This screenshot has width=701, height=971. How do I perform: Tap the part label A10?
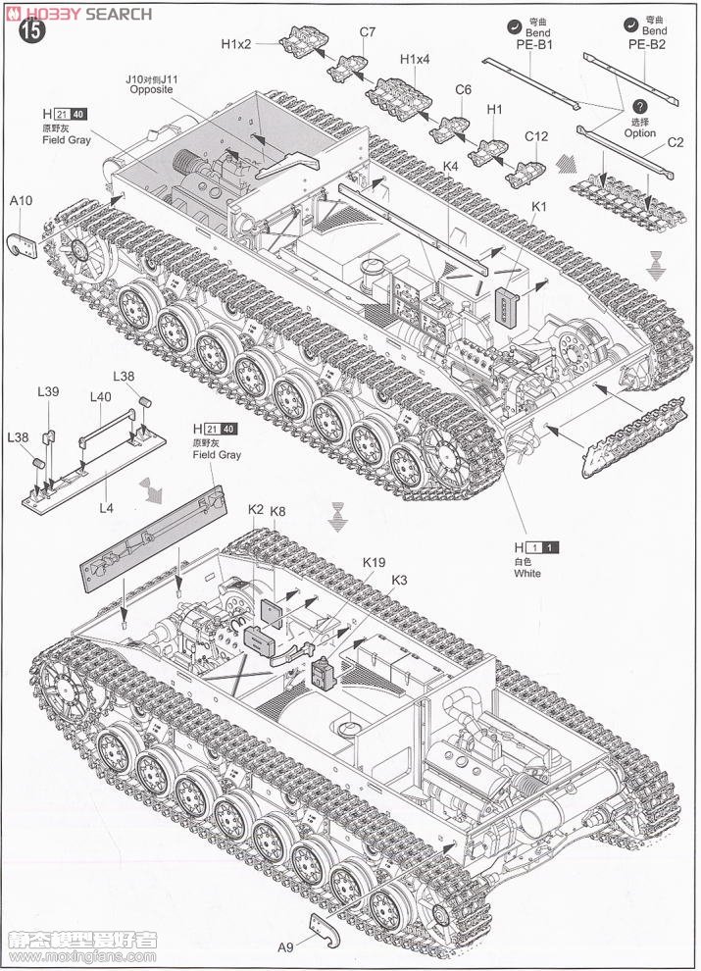click(x=22, y=201)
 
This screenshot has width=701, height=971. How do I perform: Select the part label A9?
click(x=285, y=946)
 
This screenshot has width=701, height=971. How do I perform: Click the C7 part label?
click(x=367, y=32)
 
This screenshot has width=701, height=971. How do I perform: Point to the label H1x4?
click(x=415, y=60)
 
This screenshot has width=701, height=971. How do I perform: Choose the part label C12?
click(x=536, y=136)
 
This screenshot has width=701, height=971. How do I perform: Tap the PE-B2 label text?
click(x=646, y=45)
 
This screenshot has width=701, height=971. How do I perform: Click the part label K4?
click(x=450, y=166)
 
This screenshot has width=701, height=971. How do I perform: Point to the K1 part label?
click(x=539, y=207)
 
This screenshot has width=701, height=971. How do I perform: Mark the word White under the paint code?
click(x=526, y=574)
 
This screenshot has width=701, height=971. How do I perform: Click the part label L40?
click(x=101, y=397)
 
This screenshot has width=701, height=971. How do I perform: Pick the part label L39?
click(x=47, y=392)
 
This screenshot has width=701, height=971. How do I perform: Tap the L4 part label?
click(x=106, y=481)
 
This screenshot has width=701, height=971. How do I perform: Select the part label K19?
click(x=374, y=563)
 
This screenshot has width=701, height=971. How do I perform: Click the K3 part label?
click(x=398, y=580)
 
